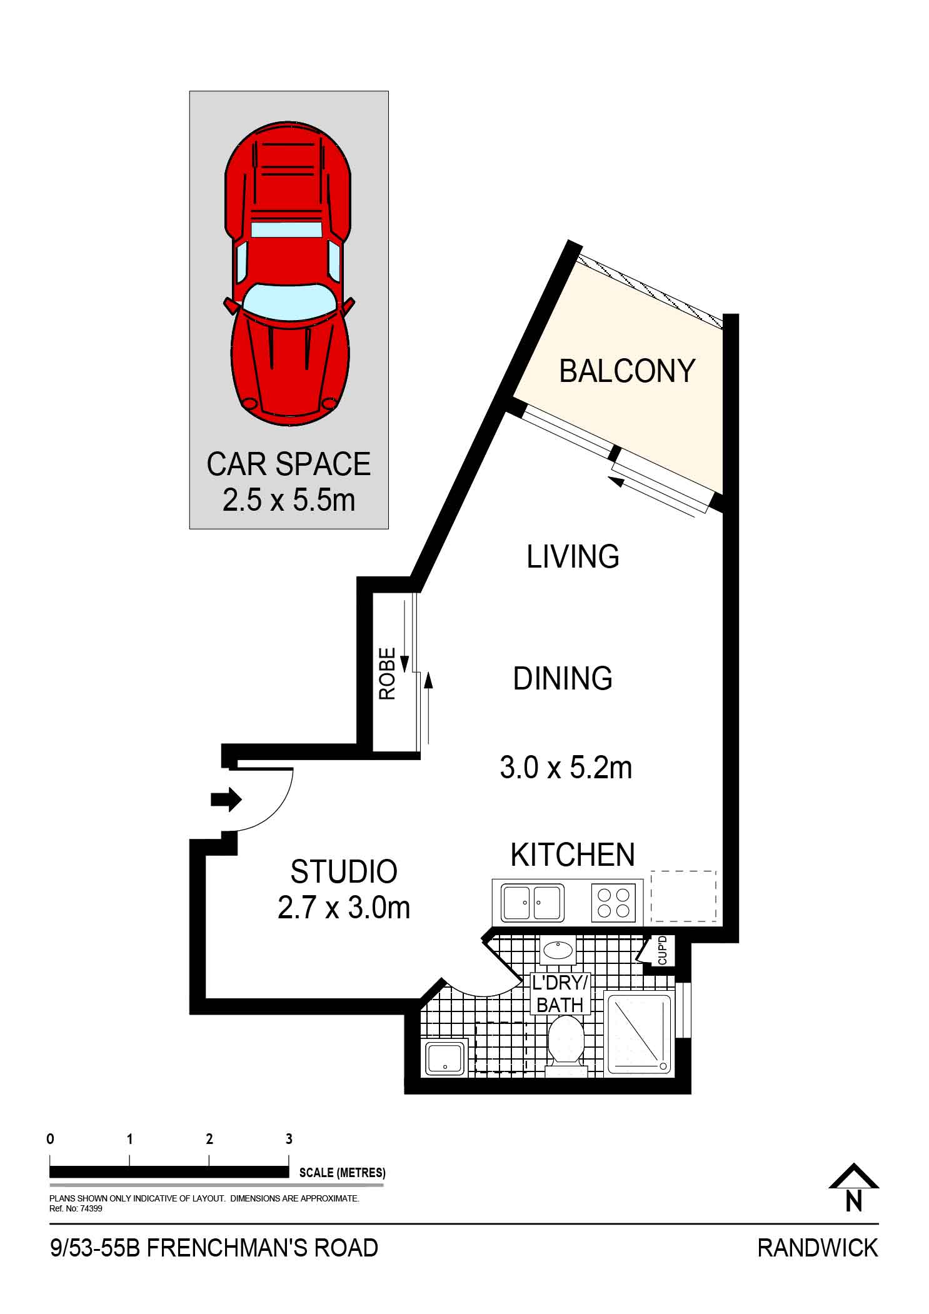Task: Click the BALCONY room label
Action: pyautogui.click(x=627, y=371)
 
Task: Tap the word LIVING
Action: pyautogui.click(x=573, y=556)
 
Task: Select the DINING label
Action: pyautogui.click(x=563, y=678)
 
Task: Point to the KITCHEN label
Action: pyautogui.click(x=573, y=855)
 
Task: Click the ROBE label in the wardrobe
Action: pyautogui.click(x=388, y=673)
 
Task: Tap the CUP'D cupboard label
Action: pyautogui.click(x=663, y=950)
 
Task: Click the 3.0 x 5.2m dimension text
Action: pyautogui.click(x=566, y=767)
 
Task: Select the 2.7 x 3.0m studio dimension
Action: pyautogui.click(x=344, y=908)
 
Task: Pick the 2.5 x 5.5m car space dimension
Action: pyautogui.click(x=289, y=500)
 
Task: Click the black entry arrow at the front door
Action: pyautogui.click(x=226, y=799)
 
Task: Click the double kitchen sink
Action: pyautogui.click(x=533, y=902)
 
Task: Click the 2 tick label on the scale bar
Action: pyautogui.click(x=209, y=1139)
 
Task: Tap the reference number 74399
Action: pyautogui.click(x=92, y=1208)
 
